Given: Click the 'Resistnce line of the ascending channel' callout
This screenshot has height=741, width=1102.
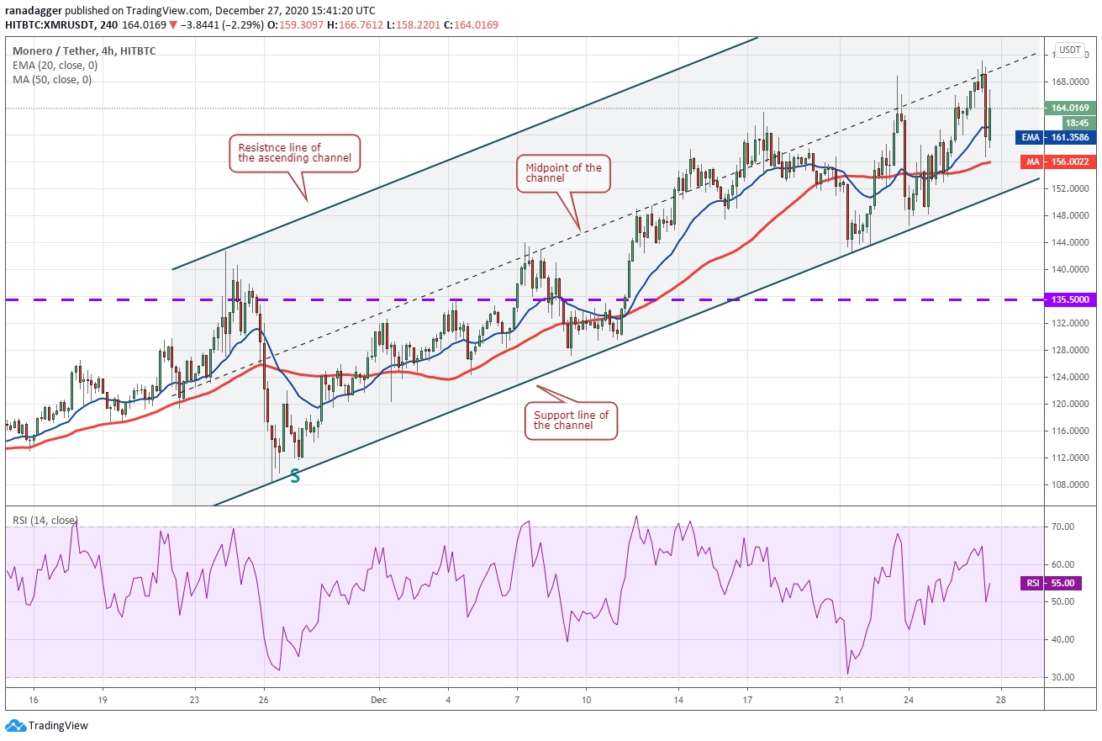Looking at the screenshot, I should point(294,153).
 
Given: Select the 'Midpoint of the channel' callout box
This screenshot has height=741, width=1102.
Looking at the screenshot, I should point(563,173).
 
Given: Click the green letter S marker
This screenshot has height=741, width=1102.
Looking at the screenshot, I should point(295,476).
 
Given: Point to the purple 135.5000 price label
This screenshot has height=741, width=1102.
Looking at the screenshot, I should point(1070,299).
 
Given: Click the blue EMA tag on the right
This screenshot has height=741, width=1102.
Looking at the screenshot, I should point(1030,136).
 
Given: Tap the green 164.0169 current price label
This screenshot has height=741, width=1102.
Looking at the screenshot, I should point(1070,108).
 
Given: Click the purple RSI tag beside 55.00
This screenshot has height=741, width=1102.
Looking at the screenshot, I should point(1032,583).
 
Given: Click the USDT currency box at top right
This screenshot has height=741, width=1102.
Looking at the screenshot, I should point(1070,50).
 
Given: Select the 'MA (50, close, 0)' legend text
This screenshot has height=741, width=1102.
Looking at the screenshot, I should point(52,80).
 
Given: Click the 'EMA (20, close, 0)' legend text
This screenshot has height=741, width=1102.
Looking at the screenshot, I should point(55,66).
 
